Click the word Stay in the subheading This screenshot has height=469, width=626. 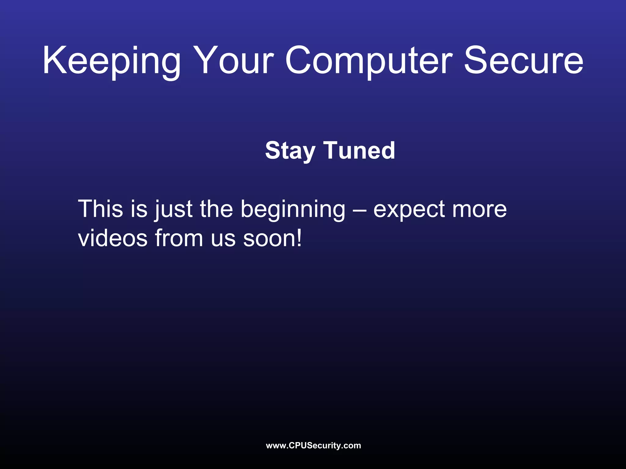(x=290, y=151)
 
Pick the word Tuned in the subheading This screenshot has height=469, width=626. (x=359, y=151)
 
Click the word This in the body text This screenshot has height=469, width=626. (x=101, y=209)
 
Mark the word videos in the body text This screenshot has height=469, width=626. (x=113, y=238)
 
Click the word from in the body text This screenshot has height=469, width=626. (x=179, y=238)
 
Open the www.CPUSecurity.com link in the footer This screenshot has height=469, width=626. (x=313, y=445)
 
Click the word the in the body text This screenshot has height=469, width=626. (x=216, y=209)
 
